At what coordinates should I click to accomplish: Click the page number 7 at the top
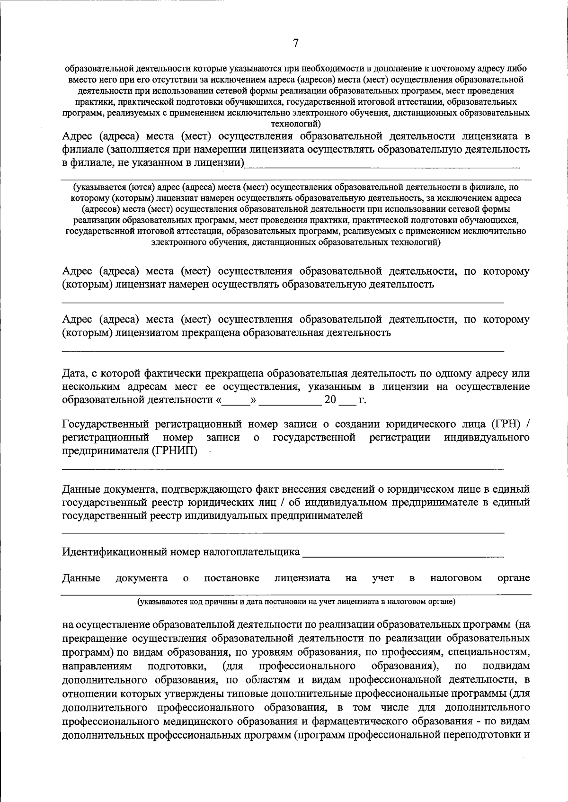click(296, 43)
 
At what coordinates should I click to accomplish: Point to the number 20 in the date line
click(330, 400)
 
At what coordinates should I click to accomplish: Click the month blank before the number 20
click(290, 401)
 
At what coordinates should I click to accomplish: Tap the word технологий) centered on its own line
click(295, 124)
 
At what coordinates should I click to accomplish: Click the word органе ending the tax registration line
click(514, 578)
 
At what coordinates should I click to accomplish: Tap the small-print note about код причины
click(296, 602)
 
